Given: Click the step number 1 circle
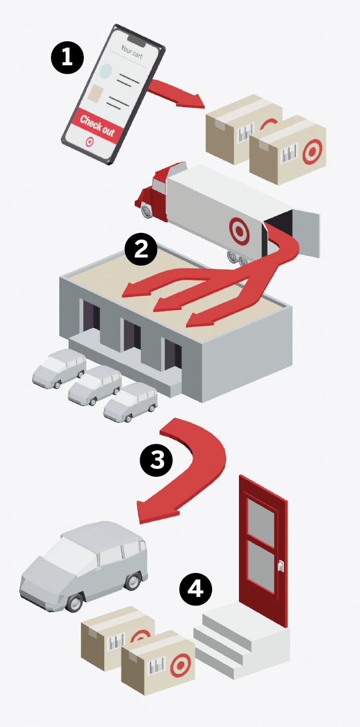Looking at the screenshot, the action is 67,57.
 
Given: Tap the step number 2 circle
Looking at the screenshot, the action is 141,250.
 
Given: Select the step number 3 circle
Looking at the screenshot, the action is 156,461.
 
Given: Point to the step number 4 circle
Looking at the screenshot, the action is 196,589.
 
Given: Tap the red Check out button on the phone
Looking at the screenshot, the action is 98,126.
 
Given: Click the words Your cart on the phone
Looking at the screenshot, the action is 131,52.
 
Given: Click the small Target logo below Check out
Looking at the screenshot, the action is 90,142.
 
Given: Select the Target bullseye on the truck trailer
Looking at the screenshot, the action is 239,231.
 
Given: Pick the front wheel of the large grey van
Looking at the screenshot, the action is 74,602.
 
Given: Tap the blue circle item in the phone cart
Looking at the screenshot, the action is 106,71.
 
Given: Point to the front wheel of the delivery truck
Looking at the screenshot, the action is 147,211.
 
